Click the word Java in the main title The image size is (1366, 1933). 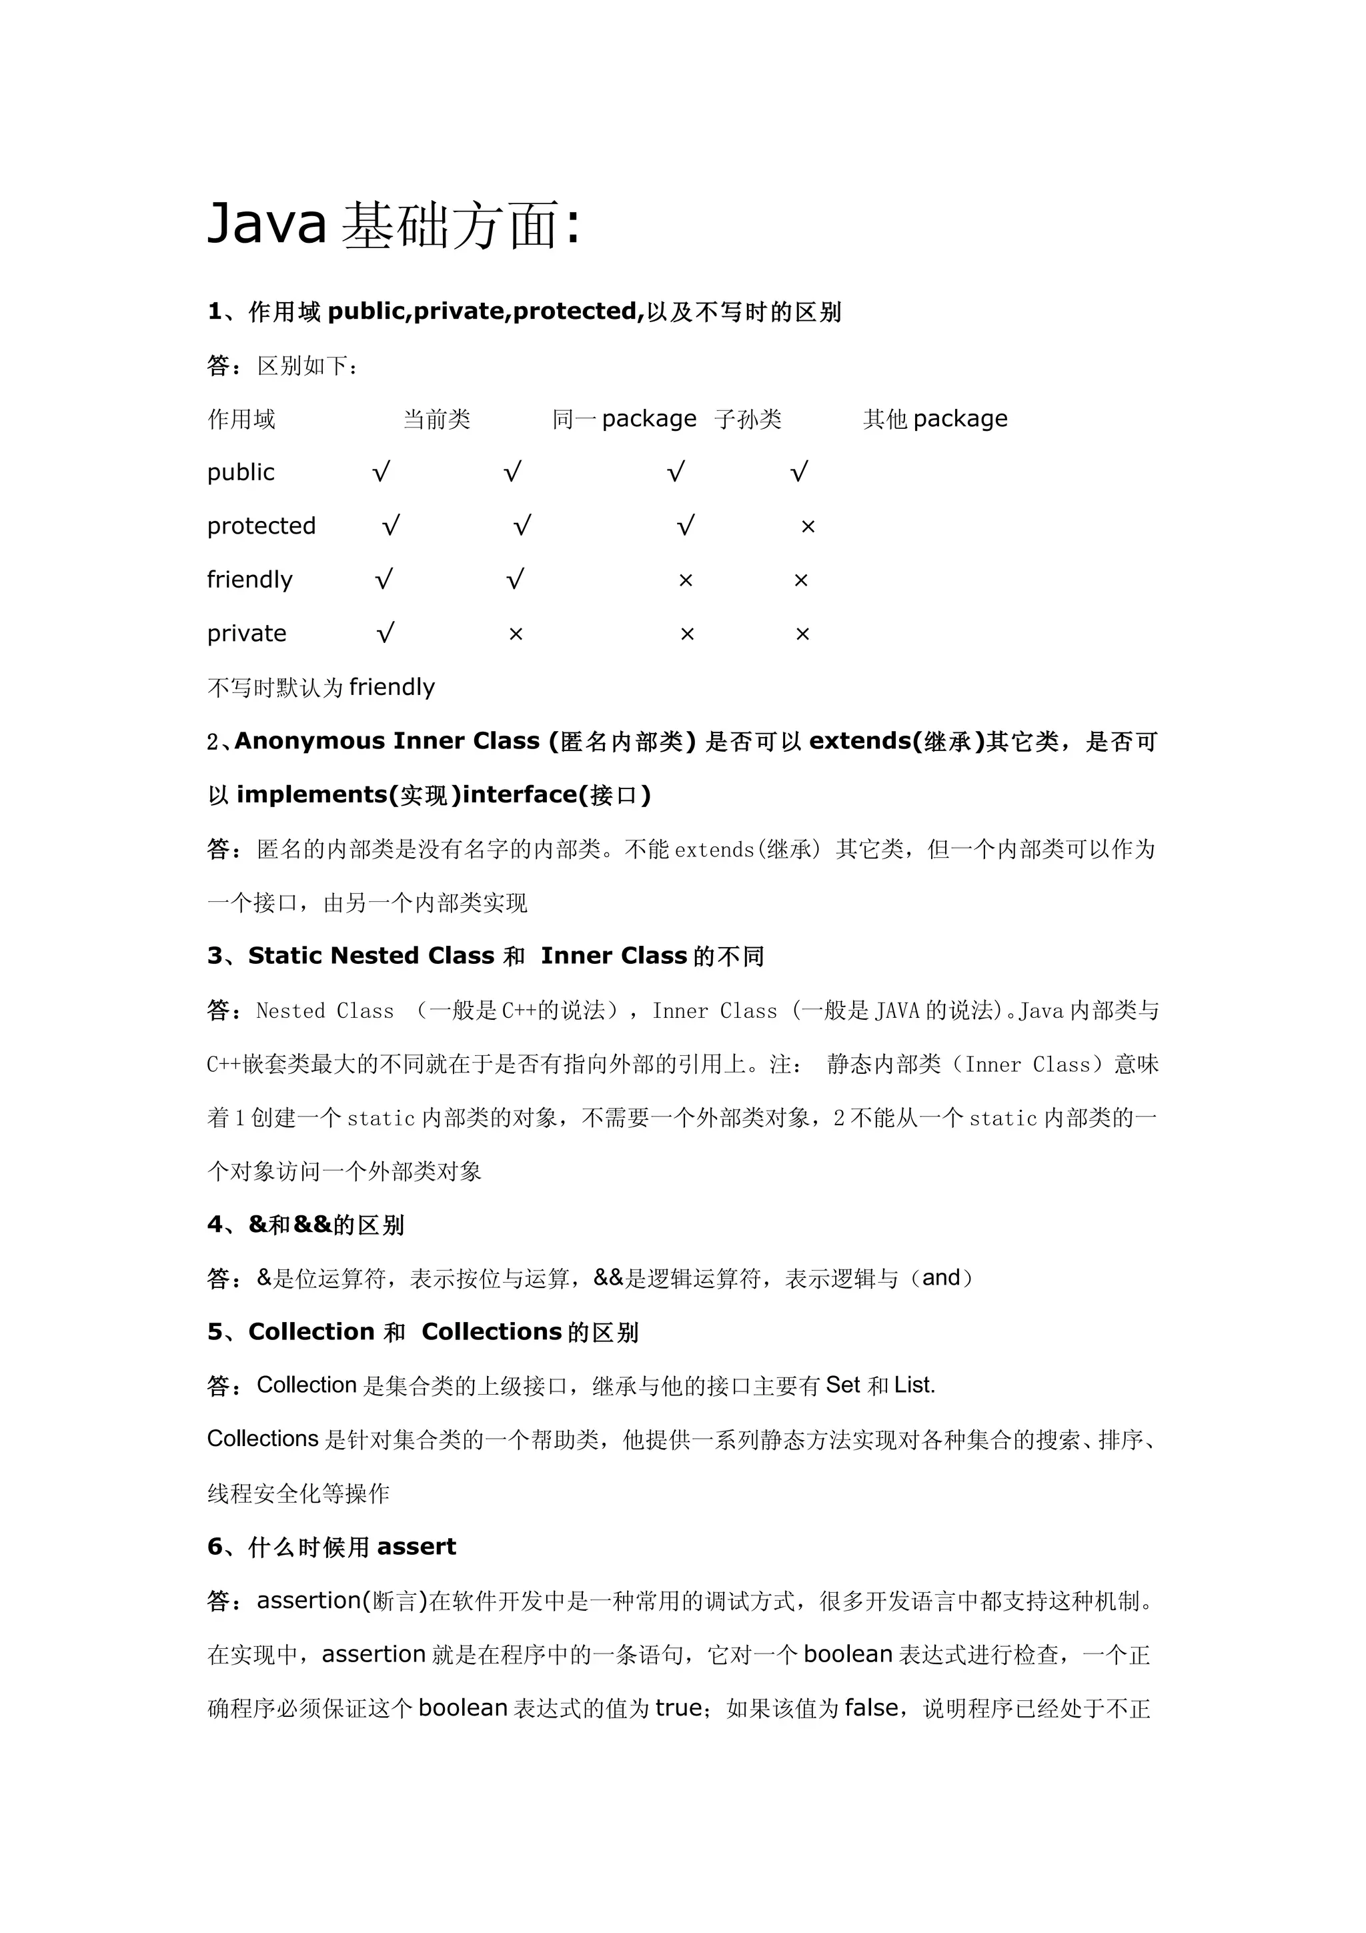click(266, 225)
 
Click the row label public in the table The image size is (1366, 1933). click(241, 472)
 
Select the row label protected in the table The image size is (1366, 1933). click(261, 526)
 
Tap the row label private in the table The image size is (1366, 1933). click(247, 633)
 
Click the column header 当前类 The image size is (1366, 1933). click(436, 420)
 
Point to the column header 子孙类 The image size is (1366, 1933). click(748, 420)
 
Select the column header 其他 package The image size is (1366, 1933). click(934, 420)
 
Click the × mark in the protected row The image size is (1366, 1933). click(808, 527)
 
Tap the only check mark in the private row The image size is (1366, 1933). click(385, 633)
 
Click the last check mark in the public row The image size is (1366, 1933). click(799, 472)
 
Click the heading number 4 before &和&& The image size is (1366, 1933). click(215, 1224)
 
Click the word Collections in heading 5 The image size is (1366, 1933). click(492, 1332)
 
